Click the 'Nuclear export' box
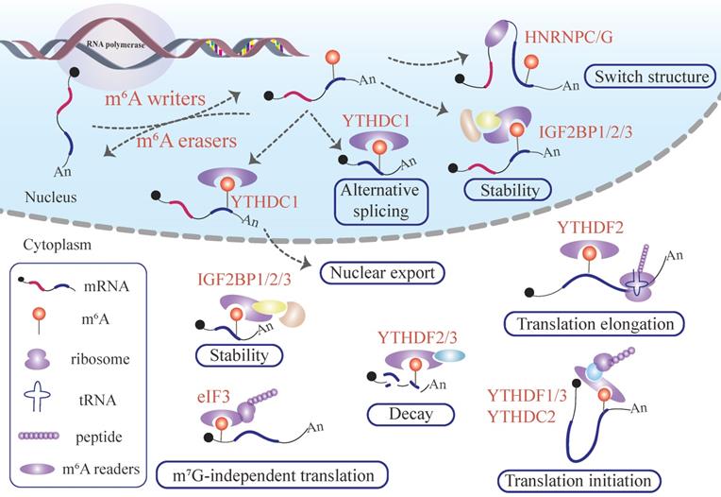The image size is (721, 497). [x=382, y=274]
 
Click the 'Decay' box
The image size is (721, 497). [x=396, y=413]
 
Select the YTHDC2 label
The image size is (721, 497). [x=523, y=411]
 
